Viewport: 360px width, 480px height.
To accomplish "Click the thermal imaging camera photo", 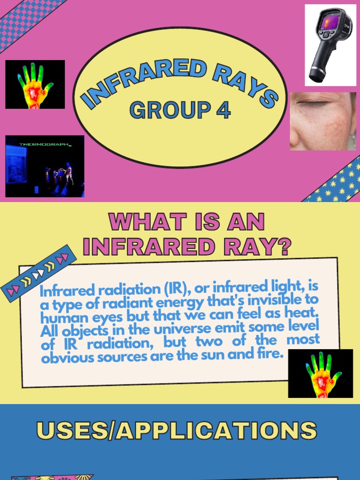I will coord(330,45).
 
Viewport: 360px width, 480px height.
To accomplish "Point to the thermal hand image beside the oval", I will coord(35,85).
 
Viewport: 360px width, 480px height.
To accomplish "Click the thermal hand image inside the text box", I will coord(321,374).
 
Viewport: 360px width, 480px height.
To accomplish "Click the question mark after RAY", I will coord(282,246).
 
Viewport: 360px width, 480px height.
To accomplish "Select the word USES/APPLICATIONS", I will coord(176,430).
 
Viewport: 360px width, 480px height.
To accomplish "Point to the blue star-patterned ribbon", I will coord(334,181).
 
